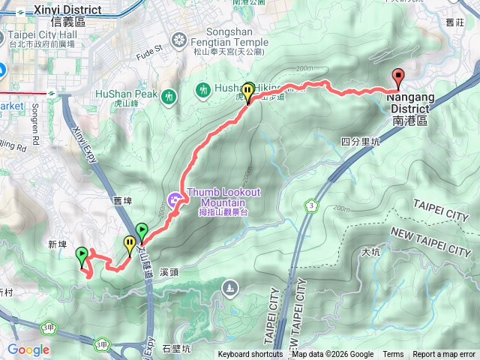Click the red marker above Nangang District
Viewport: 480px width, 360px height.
[x=397, y=77]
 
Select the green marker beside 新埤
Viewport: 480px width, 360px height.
[x=81, y=258]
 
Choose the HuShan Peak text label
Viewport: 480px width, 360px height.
[x=126, y=94]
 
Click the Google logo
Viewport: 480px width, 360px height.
[x=28, y=349]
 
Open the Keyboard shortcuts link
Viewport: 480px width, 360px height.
[x=250, y=355]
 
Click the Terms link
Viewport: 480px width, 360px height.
[x=393, y=355]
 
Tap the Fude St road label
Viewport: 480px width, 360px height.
[x=150, y=52]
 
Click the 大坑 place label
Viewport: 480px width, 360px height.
[x=370, y=252]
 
